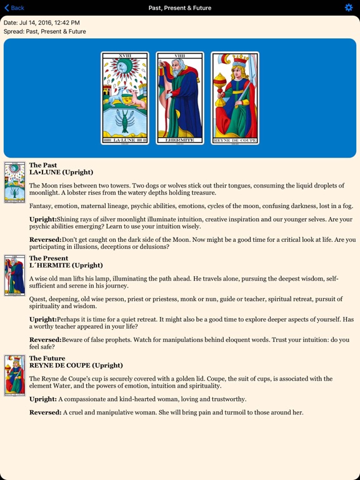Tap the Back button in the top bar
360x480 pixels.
tap(14, 8)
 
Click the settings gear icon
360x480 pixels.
tap(349, 7)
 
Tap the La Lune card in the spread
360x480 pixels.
tap(125, 98)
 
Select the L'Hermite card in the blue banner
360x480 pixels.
tap(180, 98)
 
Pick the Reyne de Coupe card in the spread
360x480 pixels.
tap(235, 98)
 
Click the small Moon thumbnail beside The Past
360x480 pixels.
tap(14, 182)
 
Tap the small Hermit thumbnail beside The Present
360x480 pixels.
tap(14, 275)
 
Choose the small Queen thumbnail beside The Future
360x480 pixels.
tap(14, 375)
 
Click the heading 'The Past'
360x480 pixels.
tap(43, 166)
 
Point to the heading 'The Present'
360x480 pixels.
tap(49, 258)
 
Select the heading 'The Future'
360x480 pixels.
tap(47, 359)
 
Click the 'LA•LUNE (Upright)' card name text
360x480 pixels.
tap(61, 172)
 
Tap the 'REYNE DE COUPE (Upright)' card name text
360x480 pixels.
tap(76, 366)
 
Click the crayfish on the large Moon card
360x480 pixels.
tap(125, 120)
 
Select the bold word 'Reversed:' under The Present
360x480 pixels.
tap(45, 340)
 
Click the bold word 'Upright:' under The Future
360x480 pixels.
tap(43, 399)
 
